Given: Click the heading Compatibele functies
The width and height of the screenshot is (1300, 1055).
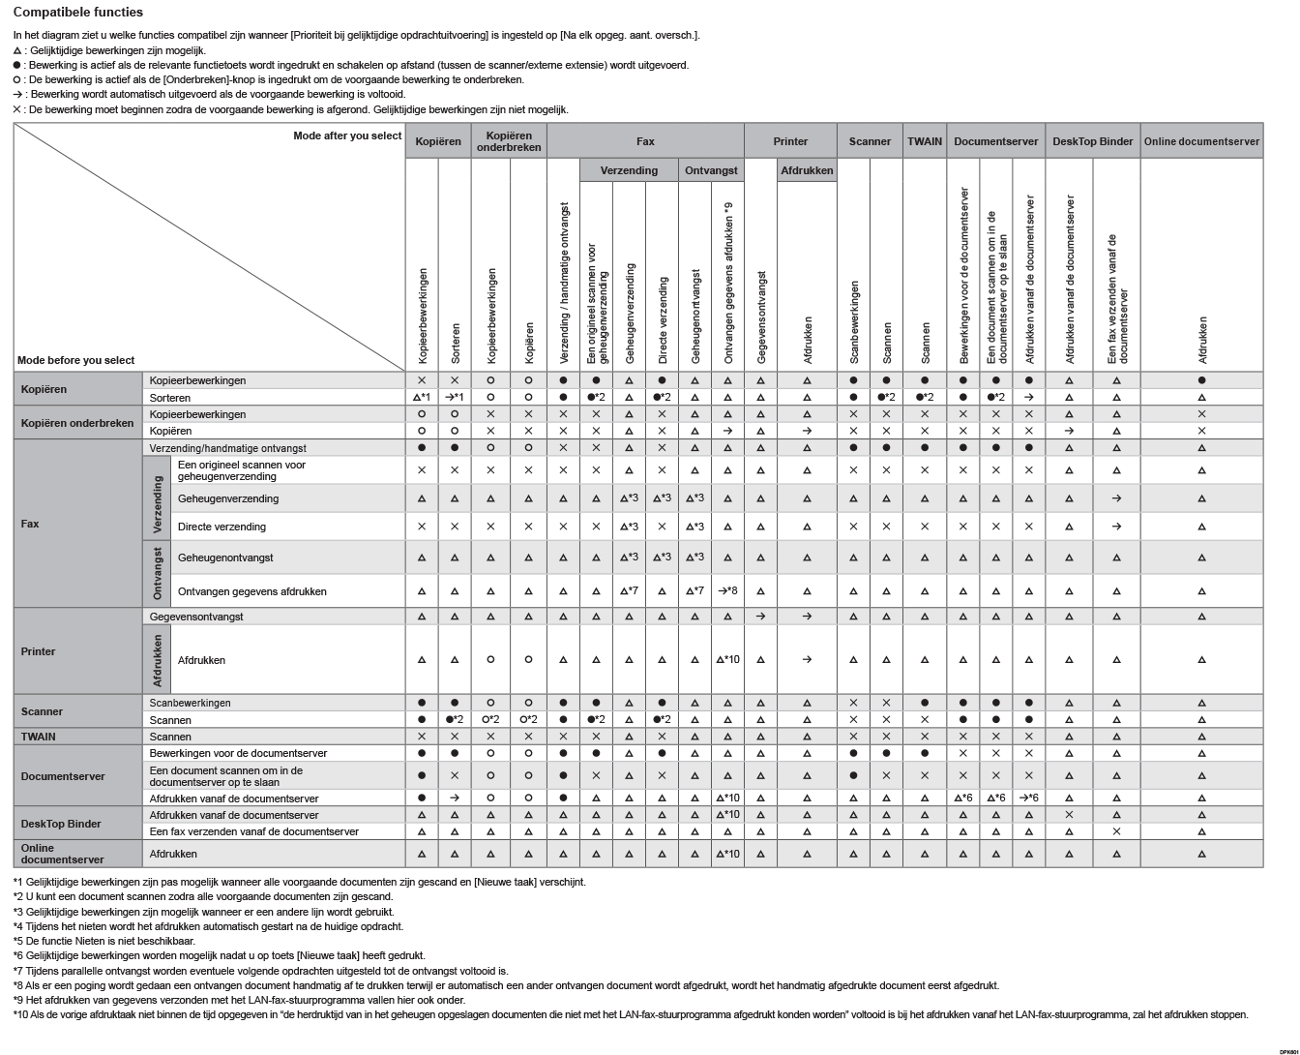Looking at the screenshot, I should [x=78, y=13].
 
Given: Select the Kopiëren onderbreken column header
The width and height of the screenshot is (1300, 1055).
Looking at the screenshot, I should [x=509, y=141].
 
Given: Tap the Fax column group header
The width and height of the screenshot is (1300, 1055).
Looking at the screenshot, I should [x=645, y=141].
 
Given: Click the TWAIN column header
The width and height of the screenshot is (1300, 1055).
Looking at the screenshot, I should [x=925, y=141].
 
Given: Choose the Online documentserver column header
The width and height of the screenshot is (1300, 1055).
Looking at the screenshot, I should [x=1201, y=141].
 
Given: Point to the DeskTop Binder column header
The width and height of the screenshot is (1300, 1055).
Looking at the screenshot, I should [x=1092, y=141].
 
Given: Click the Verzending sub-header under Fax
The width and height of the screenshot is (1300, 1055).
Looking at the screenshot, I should [x=629, y=170].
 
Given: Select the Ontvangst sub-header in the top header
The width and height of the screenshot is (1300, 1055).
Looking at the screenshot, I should [x=711, y=170].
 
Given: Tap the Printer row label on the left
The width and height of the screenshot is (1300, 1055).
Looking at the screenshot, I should [x=39, y=651].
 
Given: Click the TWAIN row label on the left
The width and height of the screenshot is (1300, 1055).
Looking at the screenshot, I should [x=39, y=737].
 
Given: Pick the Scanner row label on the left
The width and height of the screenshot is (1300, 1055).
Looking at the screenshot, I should [x=42, y=711].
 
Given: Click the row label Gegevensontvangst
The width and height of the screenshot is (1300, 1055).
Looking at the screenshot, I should [x=196, y=617].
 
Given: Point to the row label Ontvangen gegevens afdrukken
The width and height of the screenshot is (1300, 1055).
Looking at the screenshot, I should [x=252, y=591].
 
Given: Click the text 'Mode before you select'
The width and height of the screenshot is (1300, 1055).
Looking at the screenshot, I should [x=76, y=360].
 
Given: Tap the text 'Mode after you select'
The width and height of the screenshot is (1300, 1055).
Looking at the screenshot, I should [x=347, y=136].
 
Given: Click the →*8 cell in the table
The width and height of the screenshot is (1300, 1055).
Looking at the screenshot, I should [x=727, y=591].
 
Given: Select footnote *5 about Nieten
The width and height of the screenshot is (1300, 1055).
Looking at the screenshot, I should [x=104, y=941].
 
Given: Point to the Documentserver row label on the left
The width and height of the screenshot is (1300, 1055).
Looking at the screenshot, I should [x=63, y=776].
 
